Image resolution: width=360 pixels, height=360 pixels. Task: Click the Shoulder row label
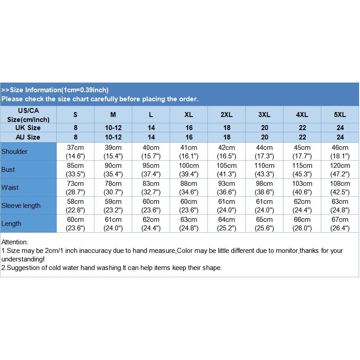point(14,152)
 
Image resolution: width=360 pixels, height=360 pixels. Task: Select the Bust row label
point(8,170)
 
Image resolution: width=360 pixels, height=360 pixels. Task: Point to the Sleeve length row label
point(21,206)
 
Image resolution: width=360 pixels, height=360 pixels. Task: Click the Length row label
point(11,224)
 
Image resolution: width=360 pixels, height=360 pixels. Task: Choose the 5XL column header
point(340,115)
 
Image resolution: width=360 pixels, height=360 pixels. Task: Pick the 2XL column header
point(226,115)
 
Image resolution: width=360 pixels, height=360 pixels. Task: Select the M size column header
point(113,115)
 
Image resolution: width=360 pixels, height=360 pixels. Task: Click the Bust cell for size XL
point(189,170)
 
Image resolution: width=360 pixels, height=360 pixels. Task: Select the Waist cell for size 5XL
point(340,188)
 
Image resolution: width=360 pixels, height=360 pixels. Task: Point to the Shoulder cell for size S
point(75,152)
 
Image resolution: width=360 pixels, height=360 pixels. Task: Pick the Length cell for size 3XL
point(264,224)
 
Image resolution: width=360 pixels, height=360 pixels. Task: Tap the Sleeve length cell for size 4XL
point(302,206)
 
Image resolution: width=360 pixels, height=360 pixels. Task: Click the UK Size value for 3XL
point(264,128)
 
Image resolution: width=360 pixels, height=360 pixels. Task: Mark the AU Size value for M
point(113,137)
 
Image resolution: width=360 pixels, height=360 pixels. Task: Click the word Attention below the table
point(15,242)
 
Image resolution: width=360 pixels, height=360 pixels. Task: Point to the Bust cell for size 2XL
point(226,170)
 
